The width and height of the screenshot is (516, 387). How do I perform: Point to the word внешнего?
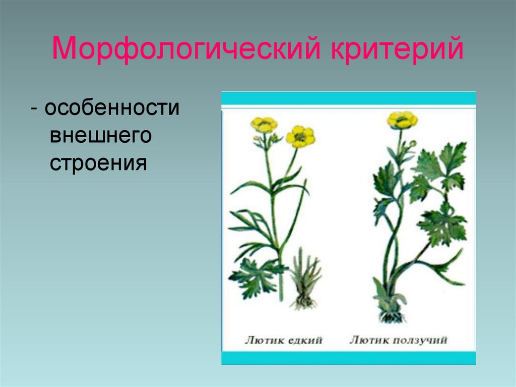(101, 136)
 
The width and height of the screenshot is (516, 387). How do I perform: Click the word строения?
(98, 164)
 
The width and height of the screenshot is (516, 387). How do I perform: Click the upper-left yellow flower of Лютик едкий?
(264, 124)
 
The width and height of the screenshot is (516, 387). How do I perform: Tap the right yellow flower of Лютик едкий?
(300, 136)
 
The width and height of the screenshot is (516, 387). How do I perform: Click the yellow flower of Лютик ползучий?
(402, 120)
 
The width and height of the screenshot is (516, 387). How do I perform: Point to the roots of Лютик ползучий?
(392, 316)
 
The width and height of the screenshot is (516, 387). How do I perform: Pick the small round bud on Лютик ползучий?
(413, 143)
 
